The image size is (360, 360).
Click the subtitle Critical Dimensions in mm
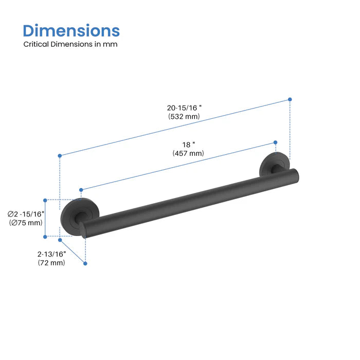tap(70, 44)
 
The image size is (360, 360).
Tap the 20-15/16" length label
tap(184, 108)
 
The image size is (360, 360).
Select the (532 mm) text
tap(184, 117)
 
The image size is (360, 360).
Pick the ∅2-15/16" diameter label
tap(26, 214)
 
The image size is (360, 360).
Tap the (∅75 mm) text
tap(26, 223)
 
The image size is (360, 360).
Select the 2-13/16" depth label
tap(51, 254)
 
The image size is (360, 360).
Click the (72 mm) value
tap(51, 263)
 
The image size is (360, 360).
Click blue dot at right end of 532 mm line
tap(290, 99)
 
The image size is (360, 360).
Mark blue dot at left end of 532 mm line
tap(60, 155)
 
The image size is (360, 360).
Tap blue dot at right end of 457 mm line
tap(275, 142)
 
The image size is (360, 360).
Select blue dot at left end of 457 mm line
tap(81, 190)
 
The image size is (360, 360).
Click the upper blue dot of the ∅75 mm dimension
tap(45, 200)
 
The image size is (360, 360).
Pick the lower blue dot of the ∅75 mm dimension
tap(45, 237)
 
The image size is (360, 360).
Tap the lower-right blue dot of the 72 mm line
tap(85, 263)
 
